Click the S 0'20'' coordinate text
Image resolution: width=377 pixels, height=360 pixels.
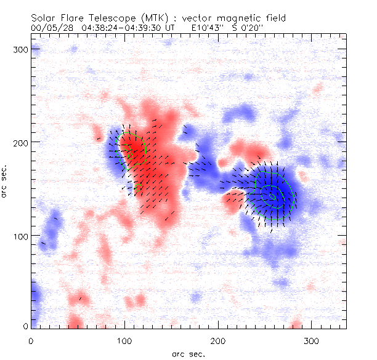click(x=246, y=28)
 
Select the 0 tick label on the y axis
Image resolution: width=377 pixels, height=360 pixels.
click(x=25, y=327)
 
